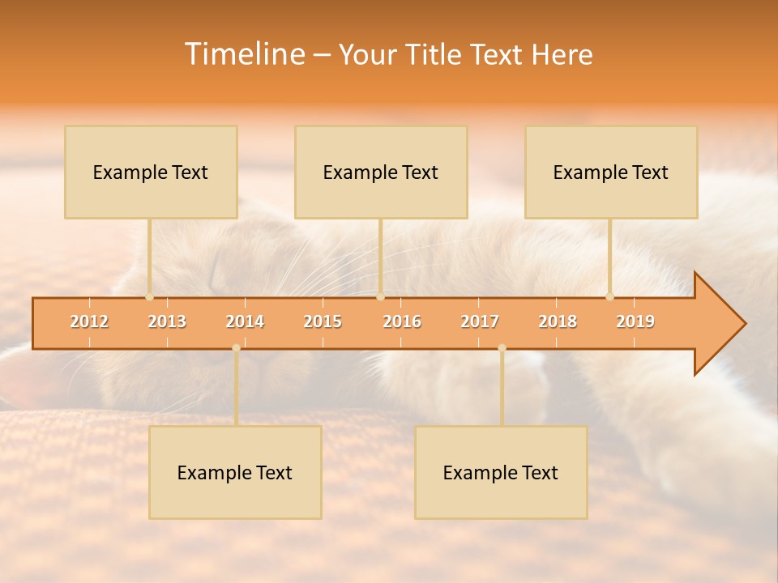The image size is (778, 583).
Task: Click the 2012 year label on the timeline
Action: (x=89, y=321)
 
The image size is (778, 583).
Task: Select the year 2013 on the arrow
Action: (x=167, y=321)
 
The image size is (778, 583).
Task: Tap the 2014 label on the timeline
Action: (x=245, y=321)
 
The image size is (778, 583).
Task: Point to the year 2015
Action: (x=323, y=321)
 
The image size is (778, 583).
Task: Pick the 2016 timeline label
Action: (x=402, y=321)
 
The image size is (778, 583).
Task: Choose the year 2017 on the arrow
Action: (x=480, y=321)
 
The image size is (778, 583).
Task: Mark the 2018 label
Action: (x=558, y=321)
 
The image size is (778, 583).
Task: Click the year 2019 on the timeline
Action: (x=635, y=321)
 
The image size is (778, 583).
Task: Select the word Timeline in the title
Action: (x=242, y=54)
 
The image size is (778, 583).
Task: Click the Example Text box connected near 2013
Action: (x=151, y=172)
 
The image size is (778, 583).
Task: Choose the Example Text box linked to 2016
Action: (x=381, y=172)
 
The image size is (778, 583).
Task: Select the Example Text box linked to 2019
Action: (x=611, y=172)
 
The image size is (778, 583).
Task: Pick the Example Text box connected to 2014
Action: (x=235, y=472)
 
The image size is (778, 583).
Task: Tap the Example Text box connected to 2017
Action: (x=501, y=472)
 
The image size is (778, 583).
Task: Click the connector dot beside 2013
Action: (x=149, y=297)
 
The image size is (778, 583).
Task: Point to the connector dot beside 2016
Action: (x=380, y=297)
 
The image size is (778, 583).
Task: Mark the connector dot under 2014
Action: (x=236, y=348)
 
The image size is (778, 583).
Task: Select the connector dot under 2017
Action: (x=502, y=348)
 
